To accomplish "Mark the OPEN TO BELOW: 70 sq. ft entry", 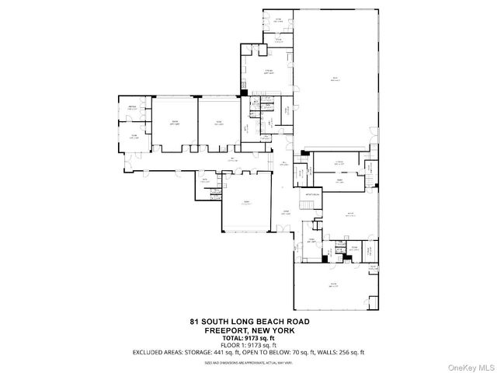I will click(294, 352).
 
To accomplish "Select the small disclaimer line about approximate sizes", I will click(248, 362).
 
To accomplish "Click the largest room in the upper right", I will click(336, 78).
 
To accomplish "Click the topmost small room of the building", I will click(277, 19).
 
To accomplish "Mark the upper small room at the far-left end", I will click(132, 109).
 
